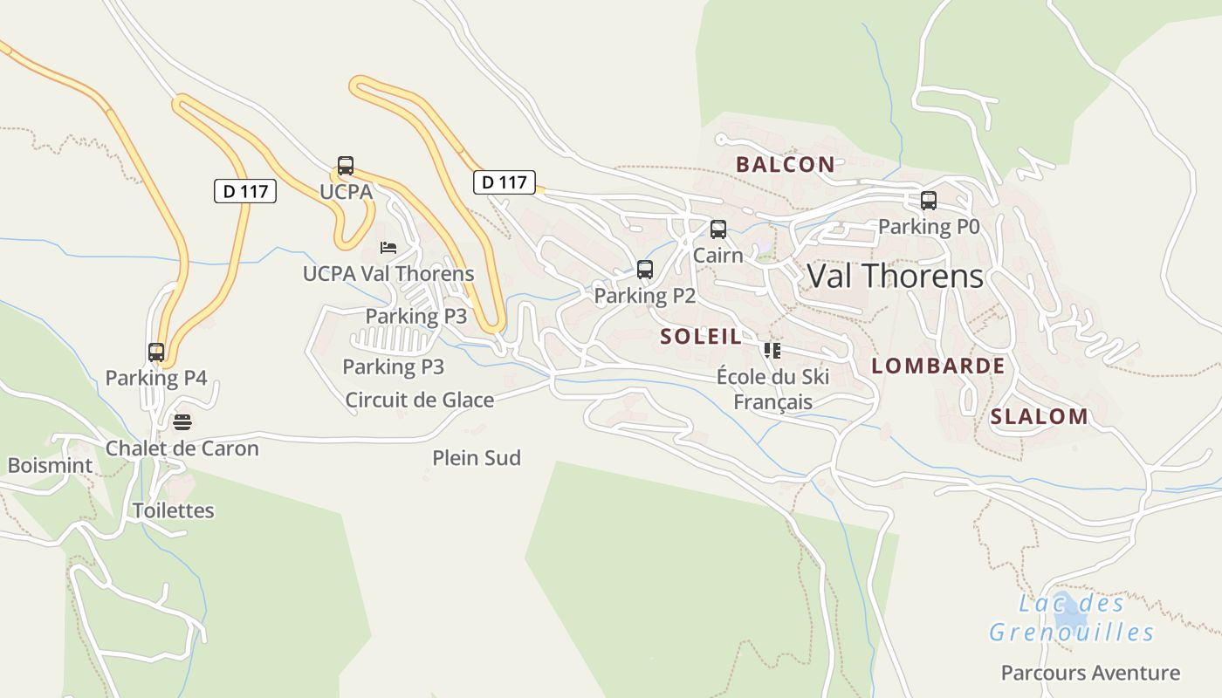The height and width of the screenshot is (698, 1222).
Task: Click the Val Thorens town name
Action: [x=895, y=277]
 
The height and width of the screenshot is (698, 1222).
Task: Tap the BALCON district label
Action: [x=785, y=164]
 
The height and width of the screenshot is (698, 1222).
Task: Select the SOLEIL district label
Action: [x=700, y=337]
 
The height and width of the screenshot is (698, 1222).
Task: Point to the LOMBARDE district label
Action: [x=938, y=366]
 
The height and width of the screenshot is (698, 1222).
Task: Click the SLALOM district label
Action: [x=1039, y=417]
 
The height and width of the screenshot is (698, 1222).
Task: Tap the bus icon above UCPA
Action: [x=346, y=166]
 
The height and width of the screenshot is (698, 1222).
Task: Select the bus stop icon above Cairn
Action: [x=718, y=229]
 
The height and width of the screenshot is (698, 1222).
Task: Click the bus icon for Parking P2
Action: [x=645, y=270]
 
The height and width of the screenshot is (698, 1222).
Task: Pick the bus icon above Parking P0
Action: [x=929, y=201]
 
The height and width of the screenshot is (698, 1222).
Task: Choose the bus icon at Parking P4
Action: [x=156, y=352]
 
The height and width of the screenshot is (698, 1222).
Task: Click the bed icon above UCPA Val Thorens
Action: [x=388, y=248]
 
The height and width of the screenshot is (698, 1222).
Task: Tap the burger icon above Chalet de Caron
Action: [x=182, y=422]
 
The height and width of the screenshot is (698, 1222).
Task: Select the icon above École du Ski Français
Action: [x=772, y=351]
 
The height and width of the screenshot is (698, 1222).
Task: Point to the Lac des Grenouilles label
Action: [x=1072, y=618]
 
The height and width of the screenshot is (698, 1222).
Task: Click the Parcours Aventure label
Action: [x=1090, y=673]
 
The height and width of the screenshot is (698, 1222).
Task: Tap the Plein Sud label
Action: [x=477, y=458]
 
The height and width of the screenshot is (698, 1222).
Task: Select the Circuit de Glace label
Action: [x=419, y=400]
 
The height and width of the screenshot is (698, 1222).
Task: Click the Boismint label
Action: [x=50, y=465]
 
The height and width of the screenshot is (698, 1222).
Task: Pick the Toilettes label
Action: [x=173, y=510]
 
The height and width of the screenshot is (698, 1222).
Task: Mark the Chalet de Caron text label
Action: [x=182, y=448]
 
